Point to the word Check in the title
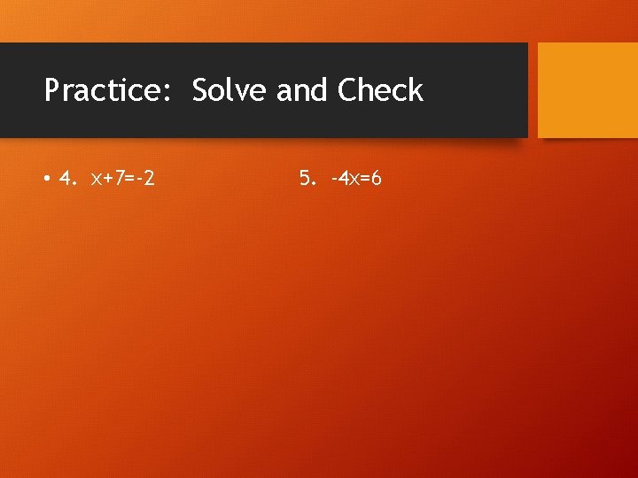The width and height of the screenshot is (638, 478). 380,90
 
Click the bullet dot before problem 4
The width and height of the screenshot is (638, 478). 45,180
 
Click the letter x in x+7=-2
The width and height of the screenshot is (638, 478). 97,180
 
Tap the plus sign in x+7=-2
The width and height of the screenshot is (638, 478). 108,180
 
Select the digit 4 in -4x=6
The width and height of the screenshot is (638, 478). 343,179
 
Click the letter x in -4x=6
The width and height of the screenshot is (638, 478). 354,180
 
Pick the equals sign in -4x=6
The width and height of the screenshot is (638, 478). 364,180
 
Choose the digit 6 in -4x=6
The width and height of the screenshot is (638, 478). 376,179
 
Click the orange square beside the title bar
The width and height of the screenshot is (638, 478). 587,90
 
